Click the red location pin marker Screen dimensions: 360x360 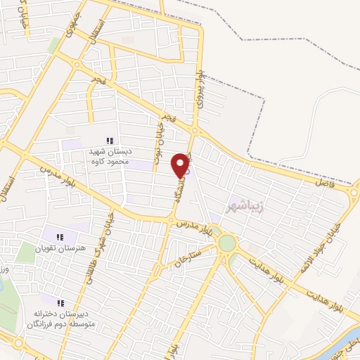pyautogui.click(x=181, y=165)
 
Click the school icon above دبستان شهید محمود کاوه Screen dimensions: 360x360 pyautogui.click(x=110, y=141)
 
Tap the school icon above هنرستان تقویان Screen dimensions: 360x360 pyautogui.click(x=60, y=237)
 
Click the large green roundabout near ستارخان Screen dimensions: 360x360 pyautogui.click(x=226, y=243)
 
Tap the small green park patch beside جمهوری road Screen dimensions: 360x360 pyautogui.click(x=54, y=44)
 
